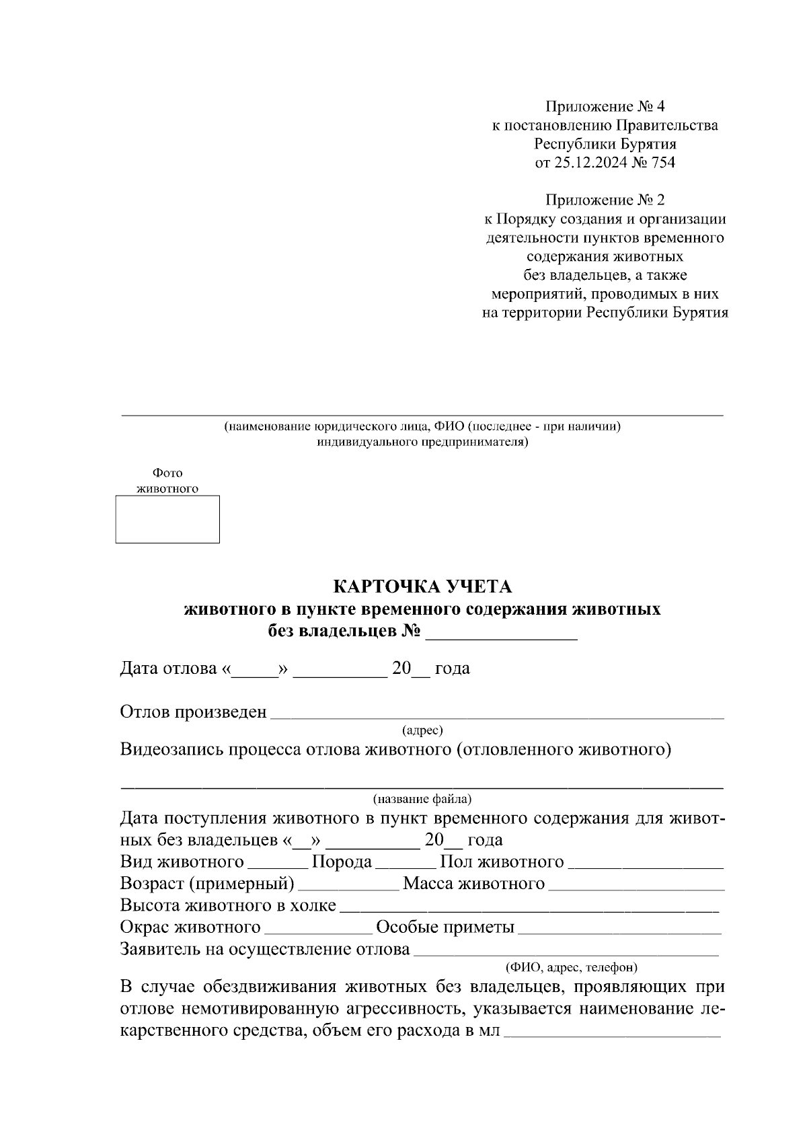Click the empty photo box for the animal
pos(167,519)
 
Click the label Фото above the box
pos(167,473)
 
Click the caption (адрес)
pos(422,730)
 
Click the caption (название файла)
pos(422,799)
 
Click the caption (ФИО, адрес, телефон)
pos(571,967)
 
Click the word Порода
pos(342,862)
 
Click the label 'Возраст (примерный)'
pos(207,884)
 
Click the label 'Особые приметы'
pos(445,927)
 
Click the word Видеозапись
pos(171,750)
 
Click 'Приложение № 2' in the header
pos(605,200)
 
